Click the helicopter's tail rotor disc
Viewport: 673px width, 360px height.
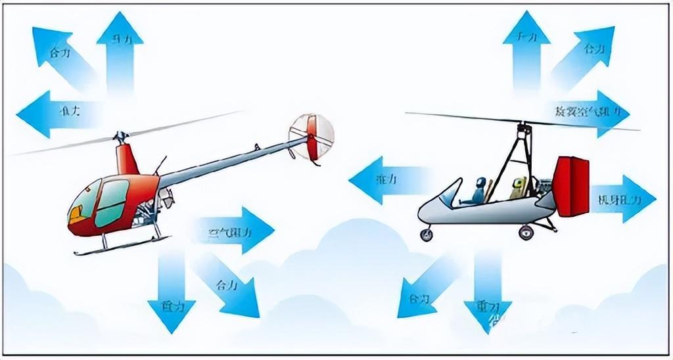311,137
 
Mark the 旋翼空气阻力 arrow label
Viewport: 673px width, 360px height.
588,112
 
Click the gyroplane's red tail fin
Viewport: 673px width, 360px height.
571,187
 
